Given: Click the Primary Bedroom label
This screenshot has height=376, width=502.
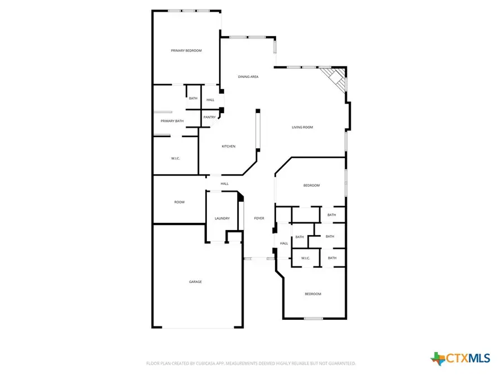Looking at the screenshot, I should pos(186,51).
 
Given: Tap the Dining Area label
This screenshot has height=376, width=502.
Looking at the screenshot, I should pos(248,77).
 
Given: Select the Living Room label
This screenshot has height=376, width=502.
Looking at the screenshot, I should pos(302,128).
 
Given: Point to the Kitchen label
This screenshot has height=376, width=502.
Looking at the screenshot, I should pos(229,147).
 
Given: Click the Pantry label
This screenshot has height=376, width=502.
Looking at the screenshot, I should pos(209,117).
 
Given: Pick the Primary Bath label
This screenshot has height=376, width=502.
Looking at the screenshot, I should pos(172,121).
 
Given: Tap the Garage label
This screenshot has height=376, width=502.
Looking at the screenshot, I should pos(195,282).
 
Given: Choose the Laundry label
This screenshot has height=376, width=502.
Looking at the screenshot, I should pos(222,218).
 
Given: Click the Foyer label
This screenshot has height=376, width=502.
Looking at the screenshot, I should pos(259,218).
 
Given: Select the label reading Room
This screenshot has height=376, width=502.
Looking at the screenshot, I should pos(179,202).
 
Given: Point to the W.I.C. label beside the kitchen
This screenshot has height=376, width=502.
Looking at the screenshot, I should pos(176,159).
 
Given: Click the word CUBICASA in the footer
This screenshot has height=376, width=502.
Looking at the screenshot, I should pos(202,364).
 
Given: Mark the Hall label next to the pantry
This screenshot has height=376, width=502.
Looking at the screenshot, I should pos(210,100).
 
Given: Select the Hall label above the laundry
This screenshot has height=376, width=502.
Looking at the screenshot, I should pos(224,184).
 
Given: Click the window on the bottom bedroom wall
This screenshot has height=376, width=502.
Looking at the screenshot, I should pos(313,319).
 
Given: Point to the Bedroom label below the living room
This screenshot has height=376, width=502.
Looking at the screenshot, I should pos(311,185).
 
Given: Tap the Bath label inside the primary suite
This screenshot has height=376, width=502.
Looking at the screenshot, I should pos(193,99).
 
